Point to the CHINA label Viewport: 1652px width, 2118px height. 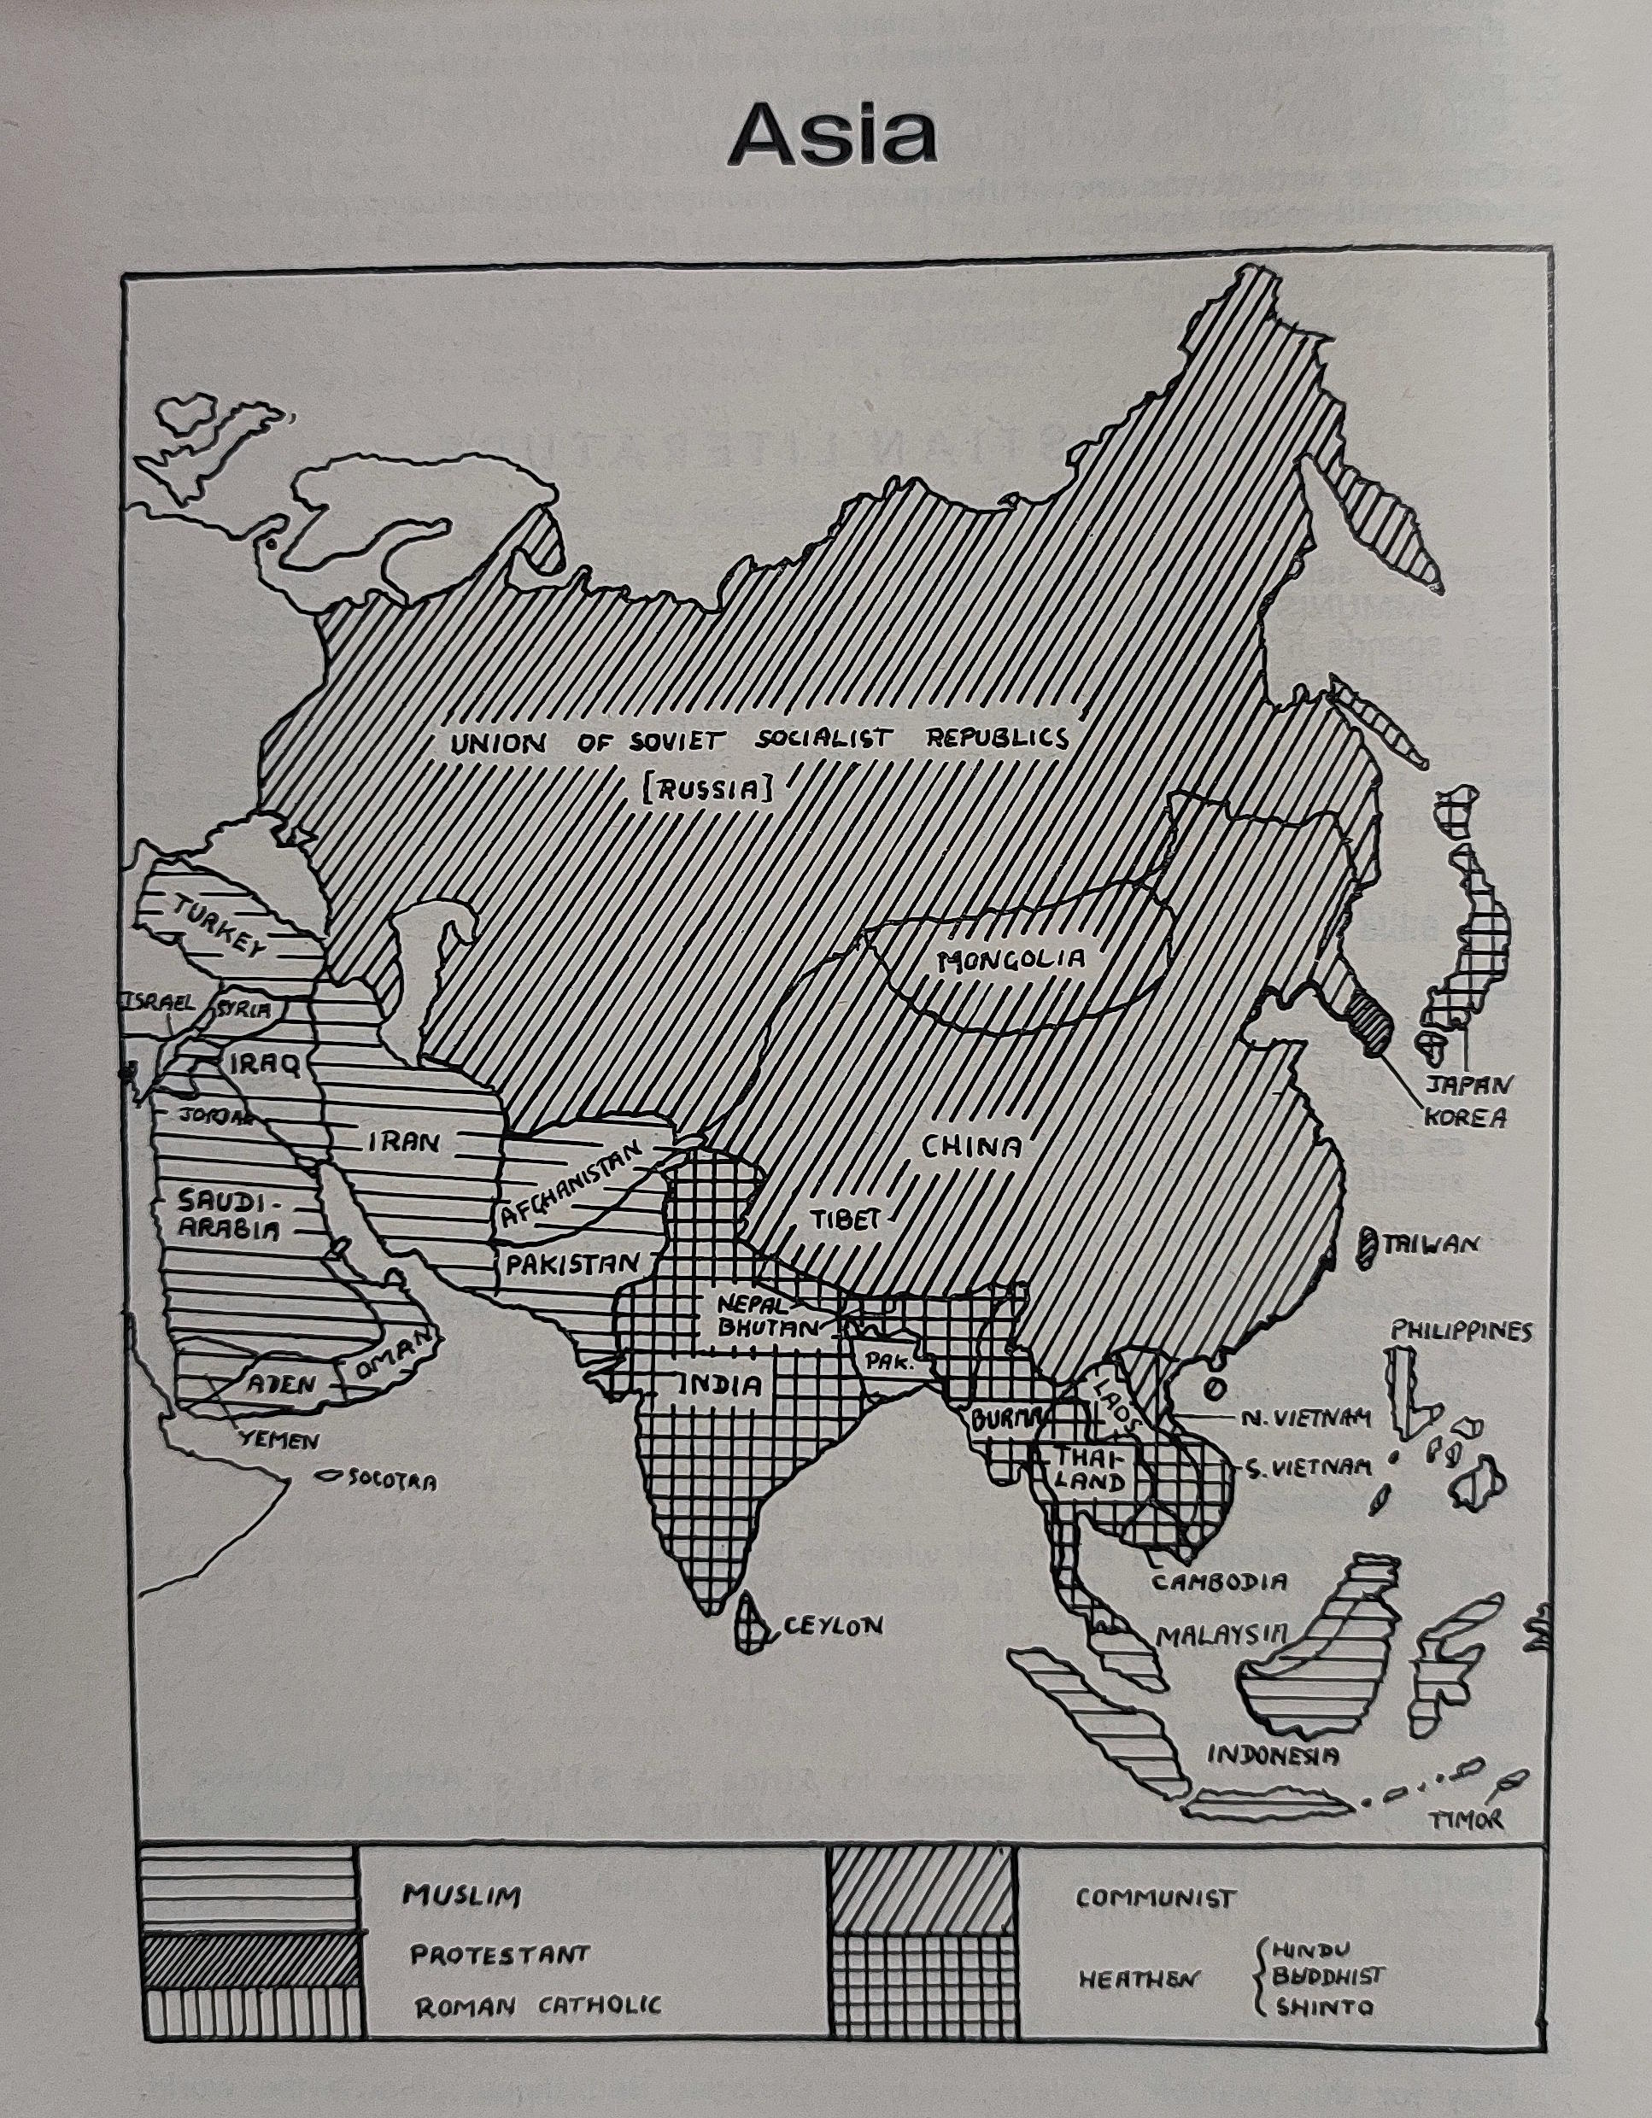pos(971,1147)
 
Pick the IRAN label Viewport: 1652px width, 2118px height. pos(402,1143)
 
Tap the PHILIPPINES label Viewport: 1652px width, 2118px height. pos(1461,1331)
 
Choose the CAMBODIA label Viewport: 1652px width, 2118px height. pos(1220,1581)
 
